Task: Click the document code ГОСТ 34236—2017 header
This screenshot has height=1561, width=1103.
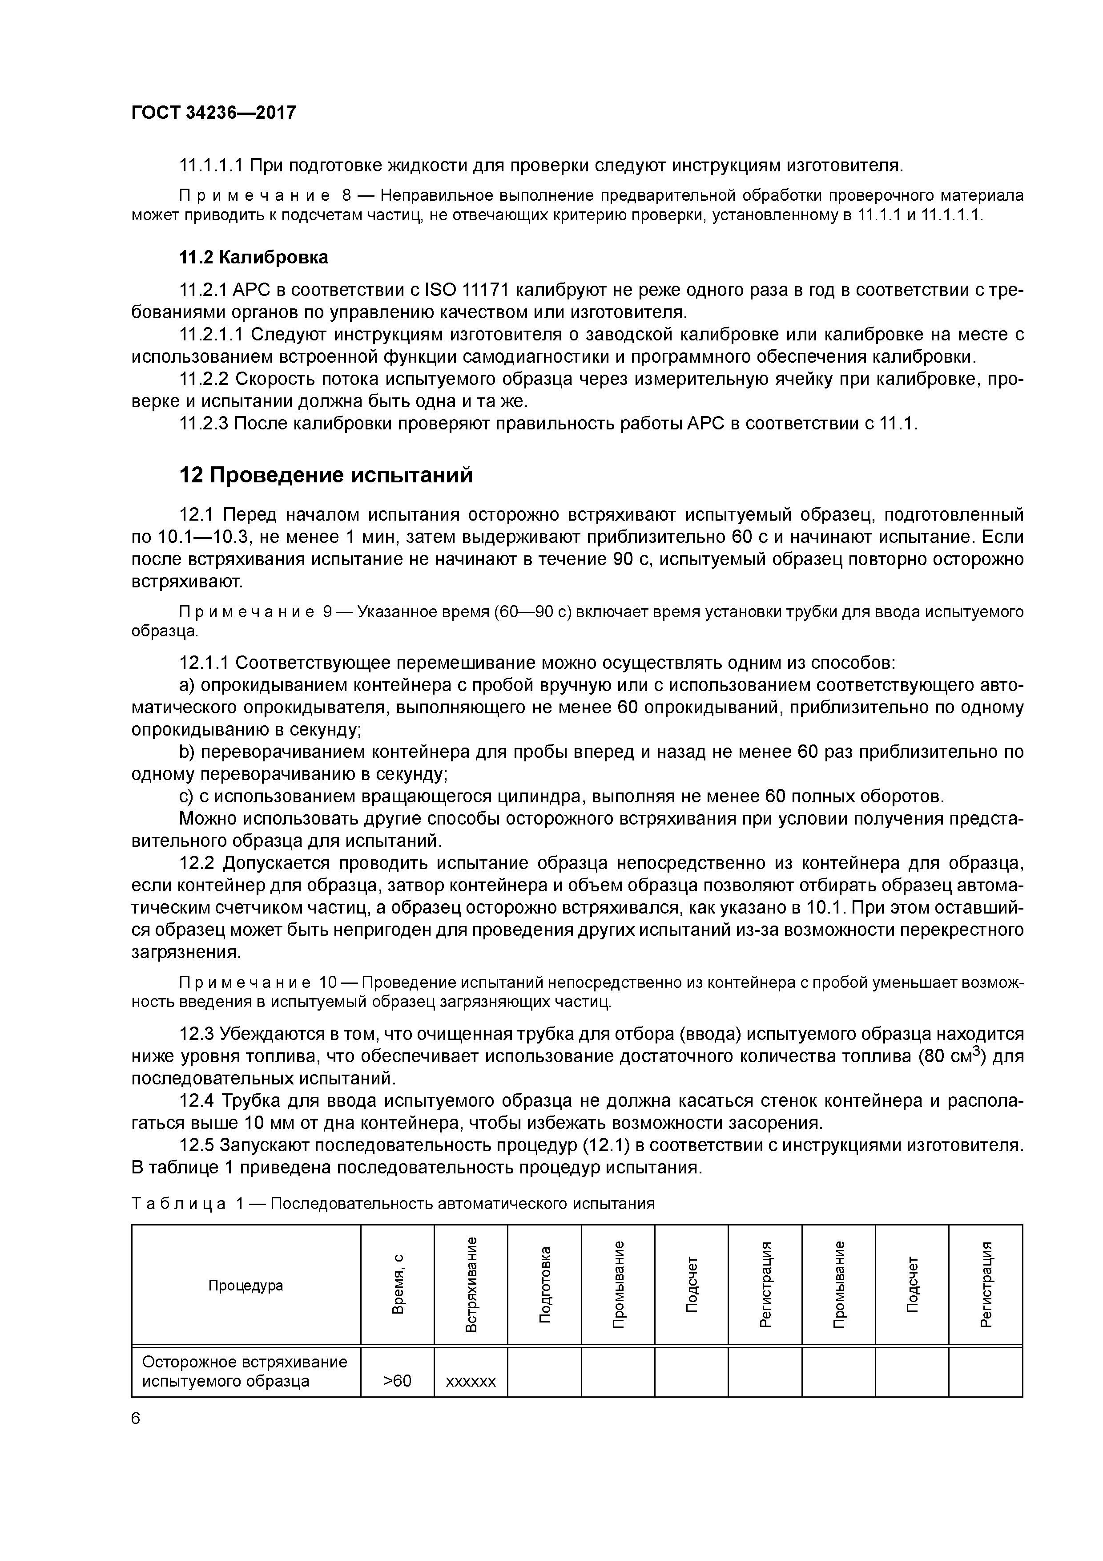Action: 213,112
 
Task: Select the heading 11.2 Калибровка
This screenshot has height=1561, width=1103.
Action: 253,257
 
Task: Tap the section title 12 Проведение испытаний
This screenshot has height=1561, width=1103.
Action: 326,474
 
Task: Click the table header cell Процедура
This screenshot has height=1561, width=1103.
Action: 246,1285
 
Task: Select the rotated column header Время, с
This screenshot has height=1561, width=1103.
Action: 398,1284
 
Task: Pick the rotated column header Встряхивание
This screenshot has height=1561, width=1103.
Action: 471,1284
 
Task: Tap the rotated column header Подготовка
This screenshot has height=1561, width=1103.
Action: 544,1284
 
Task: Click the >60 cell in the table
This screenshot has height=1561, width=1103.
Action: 398,1381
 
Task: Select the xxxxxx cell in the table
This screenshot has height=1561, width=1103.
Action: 471,1381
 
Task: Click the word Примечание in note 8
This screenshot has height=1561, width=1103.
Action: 254,196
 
